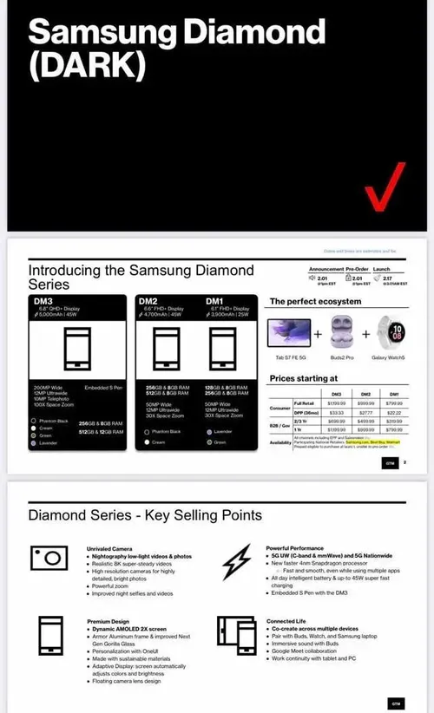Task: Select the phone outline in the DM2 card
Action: (165, 351)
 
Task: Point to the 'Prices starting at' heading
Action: (303, 378)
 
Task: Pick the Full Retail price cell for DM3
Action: (336, 403)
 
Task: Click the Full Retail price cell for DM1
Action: (394, 403)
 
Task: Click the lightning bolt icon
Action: (235, 562)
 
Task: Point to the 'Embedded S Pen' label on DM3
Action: (102, 387)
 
